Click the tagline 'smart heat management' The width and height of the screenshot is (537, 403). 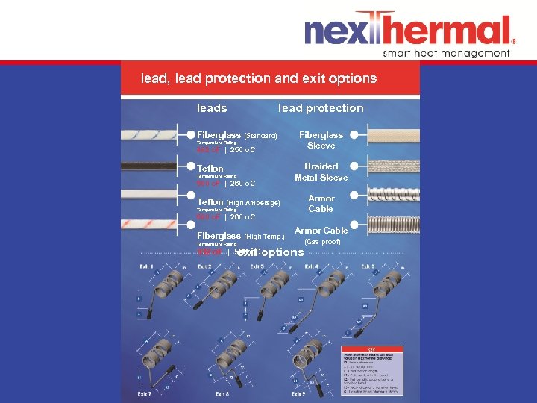446,53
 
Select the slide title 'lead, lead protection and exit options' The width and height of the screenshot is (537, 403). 260,78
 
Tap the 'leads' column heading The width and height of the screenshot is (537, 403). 212,108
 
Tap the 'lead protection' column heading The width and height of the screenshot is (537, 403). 321,108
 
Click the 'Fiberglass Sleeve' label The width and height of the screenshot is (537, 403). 321,140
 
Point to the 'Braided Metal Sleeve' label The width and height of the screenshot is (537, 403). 321,172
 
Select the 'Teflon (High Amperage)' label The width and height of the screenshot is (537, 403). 238,202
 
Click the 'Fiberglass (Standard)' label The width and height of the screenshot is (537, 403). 236,136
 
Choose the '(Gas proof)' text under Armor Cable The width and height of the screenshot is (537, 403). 321,242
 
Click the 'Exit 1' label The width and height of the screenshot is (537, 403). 146,266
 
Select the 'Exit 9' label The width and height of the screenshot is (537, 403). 298,393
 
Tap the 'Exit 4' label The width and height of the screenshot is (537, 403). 311,266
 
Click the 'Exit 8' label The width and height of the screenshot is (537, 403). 222,393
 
